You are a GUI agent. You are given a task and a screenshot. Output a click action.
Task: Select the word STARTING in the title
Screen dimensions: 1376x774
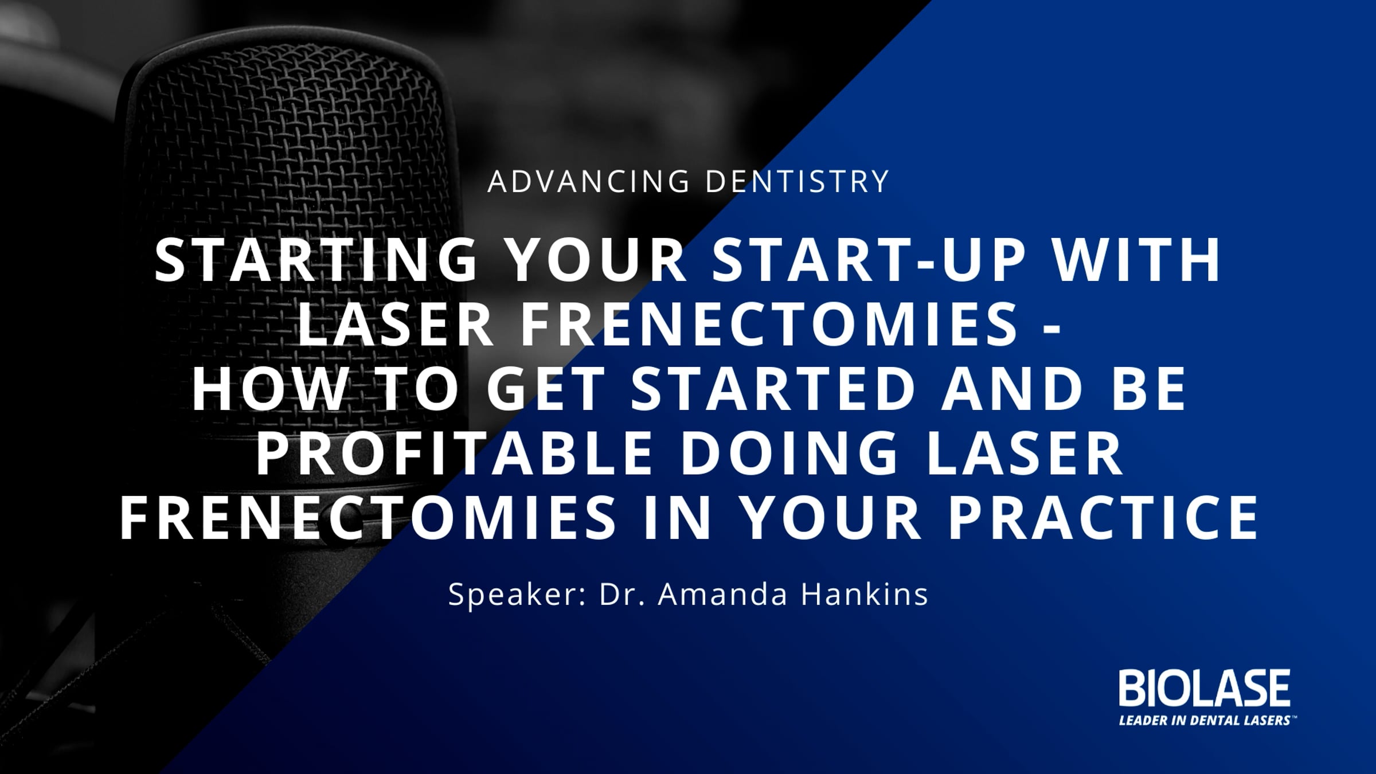(x=316, y=260)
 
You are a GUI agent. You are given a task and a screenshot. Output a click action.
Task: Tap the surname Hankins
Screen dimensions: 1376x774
(x=864, y=595)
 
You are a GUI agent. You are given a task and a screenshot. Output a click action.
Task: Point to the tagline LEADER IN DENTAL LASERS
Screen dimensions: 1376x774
(x=1204, y=720)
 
